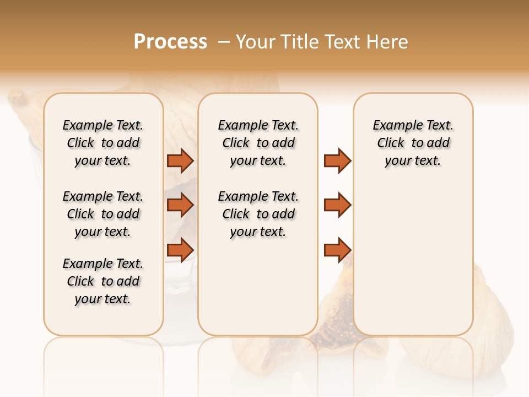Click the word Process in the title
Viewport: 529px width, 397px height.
point(170,42)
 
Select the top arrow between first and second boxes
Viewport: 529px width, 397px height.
point(180,161)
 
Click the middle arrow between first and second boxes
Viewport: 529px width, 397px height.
point(180,205)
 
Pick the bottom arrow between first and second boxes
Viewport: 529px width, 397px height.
point(180,250)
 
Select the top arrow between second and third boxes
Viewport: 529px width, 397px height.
point(337,161)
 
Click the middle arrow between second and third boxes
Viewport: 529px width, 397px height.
point(337,205)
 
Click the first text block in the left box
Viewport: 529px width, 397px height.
point(103,143)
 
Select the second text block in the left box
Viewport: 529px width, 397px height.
point(103,214)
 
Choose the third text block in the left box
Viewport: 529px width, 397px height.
point(103,281)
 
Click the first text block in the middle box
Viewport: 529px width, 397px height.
point(258,143)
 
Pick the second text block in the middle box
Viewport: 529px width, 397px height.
point(258,214)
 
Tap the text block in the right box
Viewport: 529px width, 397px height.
point(413,143)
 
